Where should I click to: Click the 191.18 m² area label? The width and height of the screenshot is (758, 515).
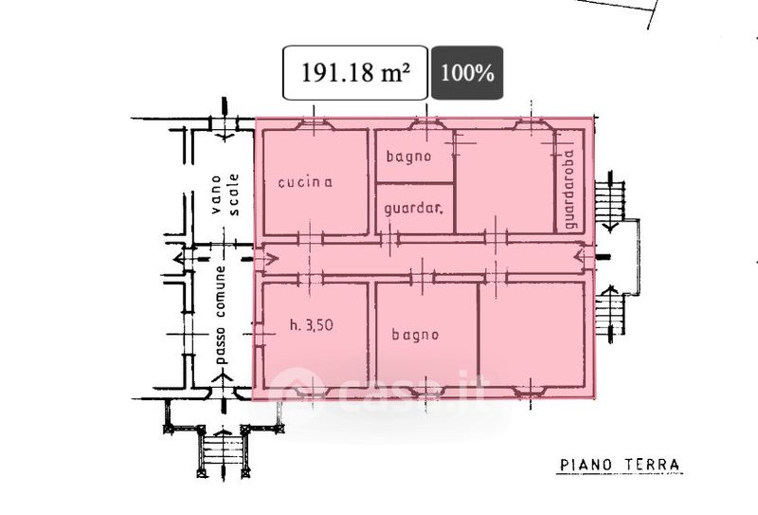point(355,73)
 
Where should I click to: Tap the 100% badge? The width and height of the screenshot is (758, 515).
point(467,73)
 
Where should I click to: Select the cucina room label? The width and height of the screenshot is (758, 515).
point(305,182)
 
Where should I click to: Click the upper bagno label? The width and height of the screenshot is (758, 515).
point(408,156)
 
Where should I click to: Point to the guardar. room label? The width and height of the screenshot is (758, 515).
point(414,209)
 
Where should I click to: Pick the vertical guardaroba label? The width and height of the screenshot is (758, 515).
point(570,189)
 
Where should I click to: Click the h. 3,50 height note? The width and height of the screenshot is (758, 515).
point(312,324)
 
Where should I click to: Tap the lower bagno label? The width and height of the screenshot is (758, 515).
point(415,335)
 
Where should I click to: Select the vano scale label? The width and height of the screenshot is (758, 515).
point(225,194)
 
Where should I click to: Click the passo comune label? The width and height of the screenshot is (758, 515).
point(220,315)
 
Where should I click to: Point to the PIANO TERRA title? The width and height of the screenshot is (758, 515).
point(620,465)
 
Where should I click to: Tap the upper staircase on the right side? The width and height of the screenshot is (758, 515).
point(609,201)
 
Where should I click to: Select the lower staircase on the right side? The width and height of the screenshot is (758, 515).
point(609,314)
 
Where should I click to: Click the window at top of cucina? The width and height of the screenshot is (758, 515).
point(315,125)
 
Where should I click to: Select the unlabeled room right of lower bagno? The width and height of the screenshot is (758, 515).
point(532,334)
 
